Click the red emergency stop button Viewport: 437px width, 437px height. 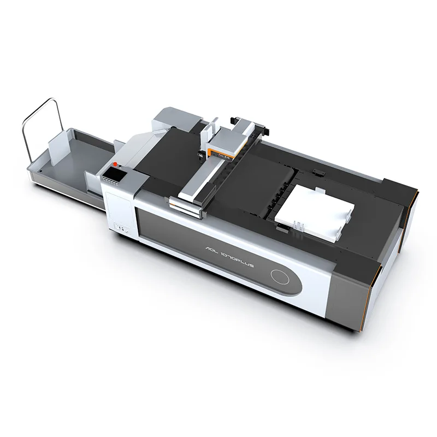(x=115, y=163)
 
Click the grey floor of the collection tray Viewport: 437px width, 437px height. (x=76, y=158)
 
